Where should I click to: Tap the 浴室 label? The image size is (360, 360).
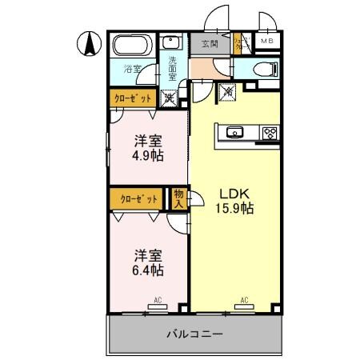tap(132, 70)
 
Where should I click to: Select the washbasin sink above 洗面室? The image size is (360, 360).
tap(171, 43)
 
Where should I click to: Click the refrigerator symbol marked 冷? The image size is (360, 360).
tap(228, 92)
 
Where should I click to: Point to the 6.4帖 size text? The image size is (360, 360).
tap(147, 271)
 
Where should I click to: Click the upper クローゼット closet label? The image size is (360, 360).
tap(130, 99)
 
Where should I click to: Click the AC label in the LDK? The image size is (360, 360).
tap(243, 301)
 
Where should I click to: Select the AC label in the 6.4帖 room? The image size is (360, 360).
tap(157, 301)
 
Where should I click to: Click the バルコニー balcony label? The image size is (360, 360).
tap(194, 334)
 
